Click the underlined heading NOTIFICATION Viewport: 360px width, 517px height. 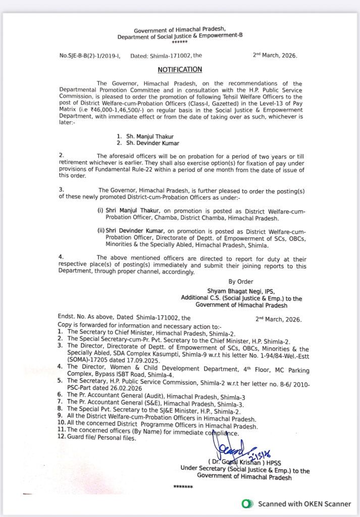180,70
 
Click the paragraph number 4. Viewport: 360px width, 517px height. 61,257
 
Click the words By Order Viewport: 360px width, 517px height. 241,282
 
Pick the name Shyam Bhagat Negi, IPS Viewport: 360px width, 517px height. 237,291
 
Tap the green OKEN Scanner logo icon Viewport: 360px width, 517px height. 247,503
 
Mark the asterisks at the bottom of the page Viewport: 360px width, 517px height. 183,487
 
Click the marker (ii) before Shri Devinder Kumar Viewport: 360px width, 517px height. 101,231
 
